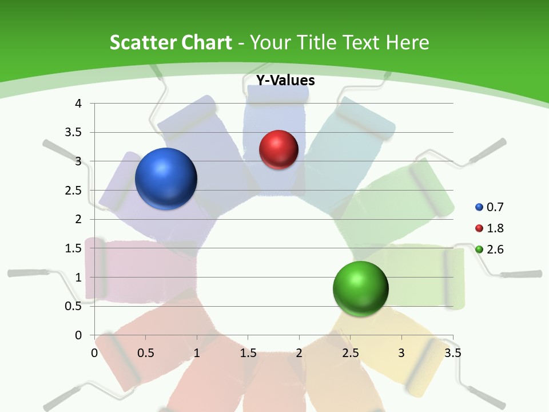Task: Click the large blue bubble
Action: click(166, 179)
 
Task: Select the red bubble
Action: click(279, 150)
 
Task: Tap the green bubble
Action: click(360, 288)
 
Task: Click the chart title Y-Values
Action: click(285, 80)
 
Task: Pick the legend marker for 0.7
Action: click(479, 207)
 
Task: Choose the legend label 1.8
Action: click(495, 228)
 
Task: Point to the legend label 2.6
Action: click(495, 249)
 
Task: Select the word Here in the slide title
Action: click(407, 42)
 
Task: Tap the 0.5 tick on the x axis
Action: click(146, 352)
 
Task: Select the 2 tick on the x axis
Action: click(299, 352)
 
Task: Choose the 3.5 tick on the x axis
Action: click(453, 352)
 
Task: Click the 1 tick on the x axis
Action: click(197, 352)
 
